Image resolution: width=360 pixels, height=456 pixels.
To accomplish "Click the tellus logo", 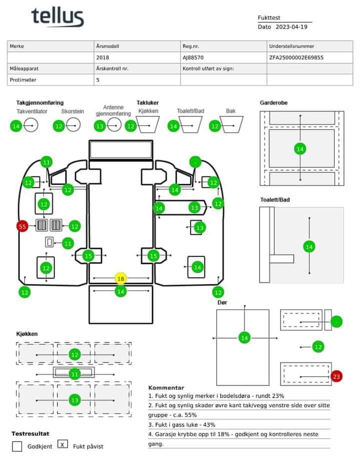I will [x=57, y=17].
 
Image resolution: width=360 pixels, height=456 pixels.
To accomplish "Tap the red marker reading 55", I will [x=22, y=226].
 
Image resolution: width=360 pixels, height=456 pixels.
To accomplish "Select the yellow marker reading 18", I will [x=120, y=278].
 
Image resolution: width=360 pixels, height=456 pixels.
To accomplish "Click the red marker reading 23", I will [x=336, y=376].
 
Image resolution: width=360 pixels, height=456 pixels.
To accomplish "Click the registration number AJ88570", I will [x=193, y=57].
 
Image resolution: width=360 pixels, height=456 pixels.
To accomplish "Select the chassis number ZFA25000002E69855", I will [x=296, y=57].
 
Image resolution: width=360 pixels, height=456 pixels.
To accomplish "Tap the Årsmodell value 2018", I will [x=102, y=57].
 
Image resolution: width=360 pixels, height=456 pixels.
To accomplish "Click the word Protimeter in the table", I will [x=23, y=79].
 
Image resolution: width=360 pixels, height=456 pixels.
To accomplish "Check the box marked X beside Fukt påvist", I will [x=63, y=443].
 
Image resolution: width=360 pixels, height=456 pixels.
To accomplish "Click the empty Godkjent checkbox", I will [x=17, y=446].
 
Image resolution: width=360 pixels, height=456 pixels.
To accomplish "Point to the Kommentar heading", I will [x=166, y=387].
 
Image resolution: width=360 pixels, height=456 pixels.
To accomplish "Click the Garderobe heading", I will [x=273, y=102].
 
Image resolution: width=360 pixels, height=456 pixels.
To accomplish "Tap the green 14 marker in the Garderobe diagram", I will [x=300, y=148].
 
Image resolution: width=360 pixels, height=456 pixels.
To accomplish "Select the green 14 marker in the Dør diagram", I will [x=244, y=338].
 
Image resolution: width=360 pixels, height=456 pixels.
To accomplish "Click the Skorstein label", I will [x=72, y=111].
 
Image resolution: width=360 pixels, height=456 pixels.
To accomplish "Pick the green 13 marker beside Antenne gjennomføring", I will [x=100, y=126].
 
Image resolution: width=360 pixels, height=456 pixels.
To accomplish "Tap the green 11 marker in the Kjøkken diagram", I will [x=74, y=374].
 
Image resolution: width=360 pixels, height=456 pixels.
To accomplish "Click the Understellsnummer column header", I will [x=291, y=46].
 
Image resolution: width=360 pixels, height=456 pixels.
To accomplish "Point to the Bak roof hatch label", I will [x=230, y=111].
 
